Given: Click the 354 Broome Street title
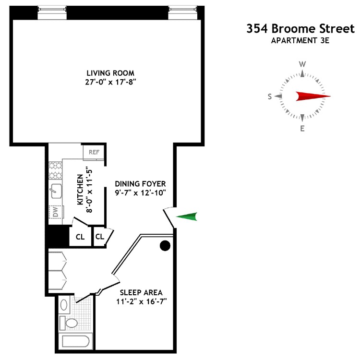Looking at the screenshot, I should (x=300, y=28).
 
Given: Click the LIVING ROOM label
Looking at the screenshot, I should (x=107, y=73).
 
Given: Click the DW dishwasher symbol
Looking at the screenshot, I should (x=55, y=212).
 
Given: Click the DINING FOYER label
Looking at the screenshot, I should (x=140, y=183).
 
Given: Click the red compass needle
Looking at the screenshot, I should (x=312, y=96).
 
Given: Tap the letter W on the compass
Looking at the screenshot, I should (x=302, y=64).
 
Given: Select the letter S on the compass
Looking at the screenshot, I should (x=270, y=96).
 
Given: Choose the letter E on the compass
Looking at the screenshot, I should (x=302, y=128).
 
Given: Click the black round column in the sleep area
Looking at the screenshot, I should (x=165, y=246).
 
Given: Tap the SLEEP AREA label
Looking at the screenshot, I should (x=141, y=292).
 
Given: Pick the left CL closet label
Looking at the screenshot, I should (x=80, y=237).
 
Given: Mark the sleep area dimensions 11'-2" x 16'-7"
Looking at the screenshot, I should (x=141, y=301).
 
